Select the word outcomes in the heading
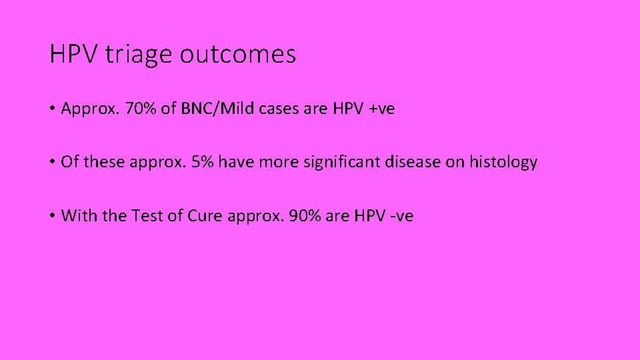tap(238, 55)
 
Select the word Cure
tap(204, 215)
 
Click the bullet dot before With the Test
tap(53, 216)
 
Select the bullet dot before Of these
tap(53, 163)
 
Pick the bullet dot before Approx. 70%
tap(53, 109)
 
